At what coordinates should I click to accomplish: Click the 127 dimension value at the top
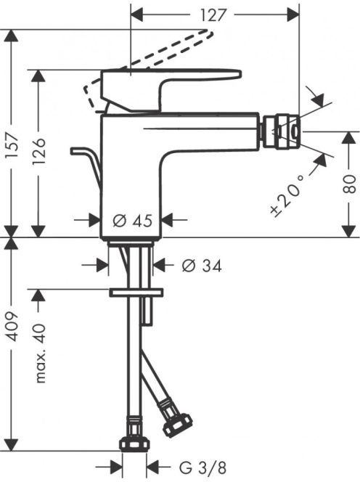(x=213, y=15)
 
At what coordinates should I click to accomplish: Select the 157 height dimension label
(x=13, y=145)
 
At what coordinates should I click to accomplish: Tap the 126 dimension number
(x=38, y=152)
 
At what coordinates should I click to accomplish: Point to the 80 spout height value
(x=349, y=184)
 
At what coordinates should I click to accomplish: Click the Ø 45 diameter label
(x=133, y=220)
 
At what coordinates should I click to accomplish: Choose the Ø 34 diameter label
(x=202, y=266)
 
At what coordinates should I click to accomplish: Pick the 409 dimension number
(x=13, y=327)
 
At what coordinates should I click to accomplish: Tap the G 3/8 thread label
(x=203, y=468)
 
